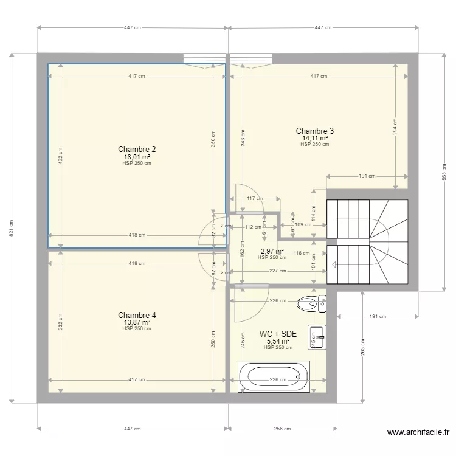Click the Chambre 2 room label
137,149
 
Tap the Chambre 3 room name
315,131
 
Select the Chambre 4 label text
137,315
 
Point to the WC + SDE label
278,334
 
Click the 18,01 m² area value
137,157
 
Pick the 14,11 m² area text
315,138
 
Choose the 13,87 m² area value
137,322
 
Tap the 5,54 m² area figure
278,341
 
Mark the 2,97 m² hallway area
272,251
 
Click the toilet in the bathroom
311,303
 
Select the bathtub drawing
274,376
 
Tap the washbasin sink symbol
317,337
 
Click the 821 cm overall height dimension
12,228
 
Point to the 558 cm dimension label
444,172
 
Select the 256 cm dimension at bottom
282,429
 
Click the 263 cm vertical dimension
362,347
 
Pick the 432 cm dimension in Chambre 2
60,156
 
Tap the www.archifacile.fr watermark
418,432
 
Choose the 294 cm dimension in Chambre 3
395,126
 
